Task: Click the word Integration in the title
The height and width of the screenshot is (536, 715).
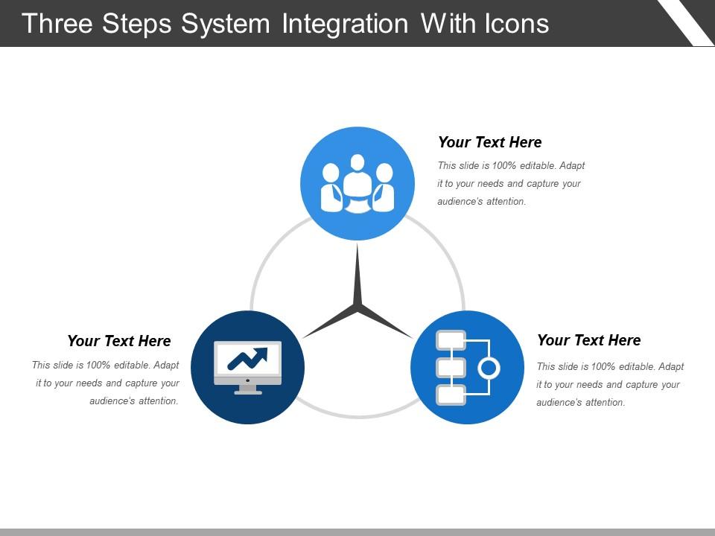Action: pyautogui.click(x=345, y=24)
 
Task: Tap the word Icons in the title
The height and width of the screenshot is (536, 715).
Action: pyautogui.click(x=517, y=24)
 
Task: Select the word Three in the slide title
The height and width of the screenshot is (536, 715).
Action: pyautogui.click(x=57, y=24)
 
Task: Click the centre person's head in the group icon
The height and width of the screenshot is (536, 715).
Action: pyautogui.click(x=357, y=162)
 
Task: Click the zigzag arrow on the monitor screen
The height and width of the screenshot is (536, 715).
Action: pyautogui.click(x=247, y=358)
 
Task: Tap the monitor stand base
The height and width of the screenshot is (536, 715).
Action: pyautogui.click(x=247, y=392)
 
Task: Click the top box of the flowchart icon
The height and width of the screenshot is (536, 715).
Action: pyautogui.click(x=451, y=340)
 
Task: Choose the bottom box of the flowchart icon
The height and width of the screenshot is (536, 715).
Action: pyautogui.click(x=451, y=395)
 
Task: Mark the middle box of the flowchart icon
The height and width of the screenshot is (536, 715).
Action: pyautogui.click(x=451, y=368)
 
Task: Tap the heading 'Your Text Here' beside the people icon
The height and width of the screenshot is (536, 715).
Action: pyautogui.click(x=490, y=142)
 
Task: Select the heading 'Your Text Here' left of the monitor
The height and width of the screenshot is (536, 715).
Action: pyautogui.click(x=119, y=341)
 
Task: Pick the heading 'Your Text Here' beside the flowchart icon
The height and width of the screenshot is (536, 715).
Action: pyautogui.click(x=588, y=340)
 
